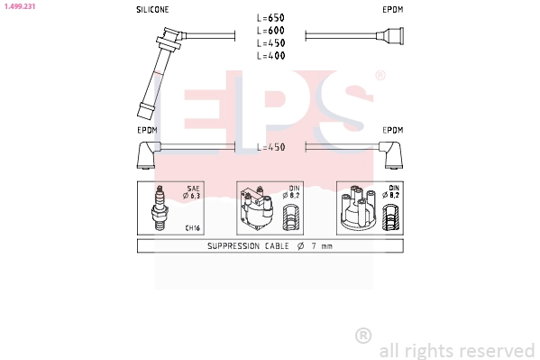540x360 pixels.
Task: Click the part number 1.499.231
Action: pyautogui.click(x=20, y=6)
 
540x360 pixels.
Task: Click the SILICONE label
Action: pyautogui.click(x=152, y=10)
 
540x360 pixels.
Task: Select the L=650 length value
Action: pyautogui.click(x=270, y=17)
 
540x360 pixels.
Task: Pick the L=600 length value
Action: pyautogui.click(x=270, y=31)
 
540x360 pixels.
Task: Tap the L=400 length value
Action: pyautogui.click(x=270, y=56)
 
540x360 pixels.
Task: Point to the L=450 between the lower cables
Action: pyautogui.click(x=271, y=147)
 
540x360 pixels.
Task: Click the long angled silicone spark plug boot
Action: pyautogui.click(x=160, y=72)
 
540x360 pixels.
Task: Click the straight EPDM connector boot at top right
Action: pyautogui.click(x=389, y=36)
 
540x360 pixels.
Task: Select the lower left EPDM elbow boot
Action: pyautogui.click(x=149, y=155)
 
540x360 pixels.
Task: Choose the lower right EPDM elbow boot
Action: pyautogui.click(x=391, y=155)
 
